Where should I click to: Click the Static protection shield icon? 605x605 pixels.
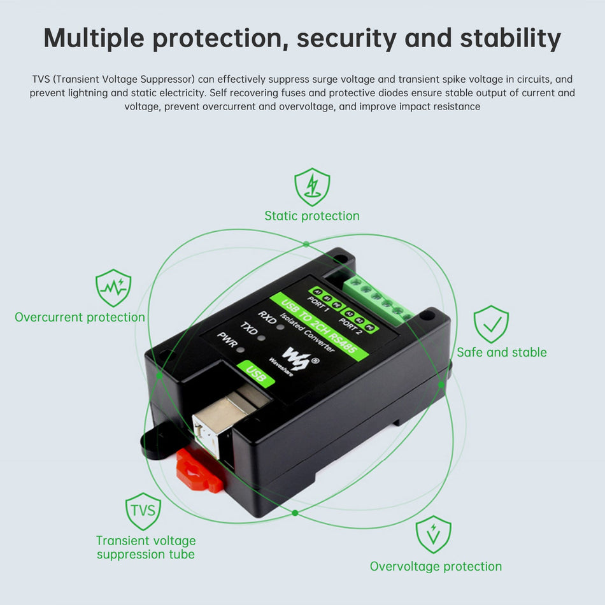click(x=312, y=187)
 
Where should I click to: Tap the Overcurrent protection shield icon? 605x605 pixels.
click(x=113, y=288)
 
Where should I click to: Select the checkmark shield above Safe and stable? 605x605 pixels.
click(x=491, y=324)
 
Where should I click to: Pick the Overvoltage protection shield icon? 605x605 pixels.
click(x=434, y=534)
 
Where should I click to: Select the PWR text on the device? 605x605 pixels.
click(x=227, y=342)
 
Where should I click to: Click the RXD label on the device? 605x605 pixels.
click(x=267, y=317)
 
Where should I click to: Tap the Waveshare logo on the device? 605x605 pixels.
click(x=296, y=360)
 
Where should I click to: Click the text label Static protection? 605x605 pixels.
click(x=312, y=216)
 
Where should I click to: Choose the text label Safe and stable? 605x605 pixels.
click(x=502, y=352)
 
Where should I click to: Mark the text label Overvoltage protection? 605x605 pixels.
click(x=436, y=566)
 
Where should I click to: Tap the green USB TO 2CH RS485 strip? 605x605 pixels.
click(x=318, y=327)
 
